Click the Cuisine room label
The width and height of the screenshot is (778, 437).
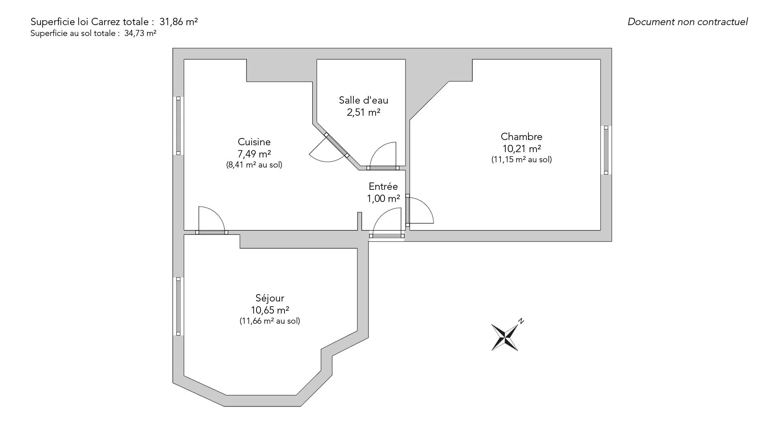pos(254,142)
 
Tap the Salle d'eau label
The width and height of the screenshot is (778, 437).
pos(363,100)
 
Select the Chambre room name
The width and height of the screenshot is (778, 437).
pos(522,137)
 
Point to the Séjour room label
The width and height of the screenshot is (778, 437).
pos(270,299)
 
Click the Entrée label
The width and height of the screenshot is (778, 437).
pos(383,187)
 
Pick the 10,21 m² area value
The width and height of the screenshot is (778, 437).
pos(522,149)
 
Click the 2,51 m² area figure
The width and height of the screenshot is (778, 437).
pos(363,112)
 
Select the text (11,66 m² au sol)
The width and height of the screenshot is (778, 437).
pos(270,321)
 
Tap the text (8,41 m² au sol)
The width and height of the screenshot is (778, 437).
pos(254,165)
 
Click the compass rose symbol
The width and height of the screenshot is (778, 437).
pos(505,336)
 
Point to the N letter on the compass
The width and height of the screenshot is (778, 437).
pos(521,321)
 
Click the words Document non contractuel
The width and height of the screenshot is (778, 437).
pos(688,22)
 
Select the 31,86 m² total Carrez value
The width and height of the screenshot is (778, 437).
pos(179,22)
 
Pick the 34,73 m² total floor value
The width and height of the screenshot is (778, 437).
pos(140,34)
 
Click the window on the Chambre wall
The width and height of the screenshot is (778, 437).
pos(606,150)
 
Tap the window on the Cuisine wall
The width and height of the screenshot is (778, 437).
pos(178,125)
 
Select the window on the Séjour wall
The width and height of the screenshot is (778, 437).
pos(178,306)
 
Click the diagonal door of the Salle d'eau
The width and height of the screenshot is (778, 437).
pos(336,144)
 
